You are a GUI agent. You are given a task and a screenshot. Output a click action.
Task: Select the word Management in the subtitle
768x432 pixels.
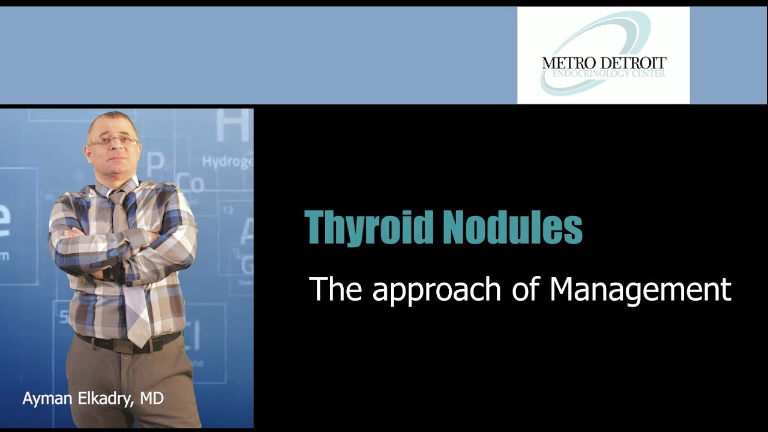pos(640,289)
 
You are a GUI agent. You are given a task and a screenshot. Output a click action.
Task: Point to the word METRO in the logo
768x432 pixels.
pos(567,63)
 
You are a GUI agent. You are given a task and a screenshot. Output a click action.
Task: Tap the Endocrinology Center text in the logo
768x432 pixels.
pos(604,73)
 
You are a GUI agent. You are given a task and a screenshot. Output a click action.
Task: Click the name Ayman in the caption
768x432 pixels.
pos(47,398)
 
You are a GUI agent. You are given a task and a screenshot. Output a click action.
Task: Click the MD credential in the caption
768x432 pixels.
pos(152,398)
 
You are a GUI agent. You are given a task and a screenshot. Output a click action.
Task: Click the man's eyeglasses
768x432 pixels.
pos(113,140)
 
